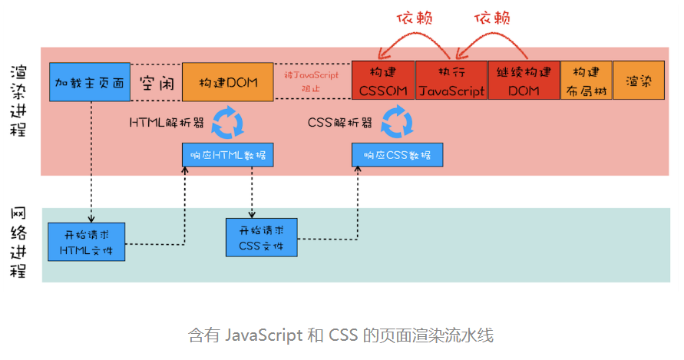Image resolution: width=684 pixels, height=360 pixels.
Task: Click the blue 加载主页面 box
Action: click(x=90, y=82)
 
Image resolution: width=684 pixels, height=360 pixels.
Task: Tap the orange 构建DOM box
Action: click(x=227, y=82)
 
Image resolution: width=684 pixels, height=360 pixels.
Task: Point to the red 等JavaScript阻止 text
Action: click(x=312, y=82)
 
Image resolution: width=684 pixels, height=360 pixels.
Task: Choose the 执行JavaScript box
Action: click(x=451, y=81)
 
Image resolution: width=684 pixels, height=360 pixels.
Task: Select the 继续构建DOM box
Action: click(x=524, y=81)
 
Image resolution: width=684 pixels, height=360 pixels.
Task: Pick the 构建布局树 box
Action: click(x=587, y=81)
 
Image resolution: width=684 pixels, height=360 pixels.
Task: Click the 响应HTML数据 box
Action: click(x=228, y=155)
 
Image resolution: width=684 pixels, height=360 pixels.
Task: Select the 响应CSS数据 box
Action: click(x=397, y=155)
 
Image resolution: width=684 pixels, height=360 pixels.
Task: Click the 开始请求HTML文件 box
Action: click(x=86, y=242)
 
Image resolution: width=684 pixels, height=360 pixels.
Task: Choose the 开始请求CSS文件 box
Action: click(x=261, y=238)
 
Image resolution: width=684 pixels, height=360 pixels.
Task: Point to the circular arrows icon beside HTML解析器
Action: click(x=226, y=121)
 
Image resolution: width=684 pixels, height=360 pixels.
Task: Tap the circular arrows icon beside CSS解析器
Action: click(x=397, y=121)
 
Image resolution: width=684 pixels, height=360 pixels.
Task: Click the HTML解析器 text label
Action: click(x=166, y=122)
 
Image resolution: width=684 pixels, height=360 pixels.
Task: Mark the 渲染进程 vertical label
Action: click(x=19, y=100)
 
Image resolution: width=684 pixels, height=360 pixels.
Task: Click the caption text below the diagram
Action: click(x=341, y=335)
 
